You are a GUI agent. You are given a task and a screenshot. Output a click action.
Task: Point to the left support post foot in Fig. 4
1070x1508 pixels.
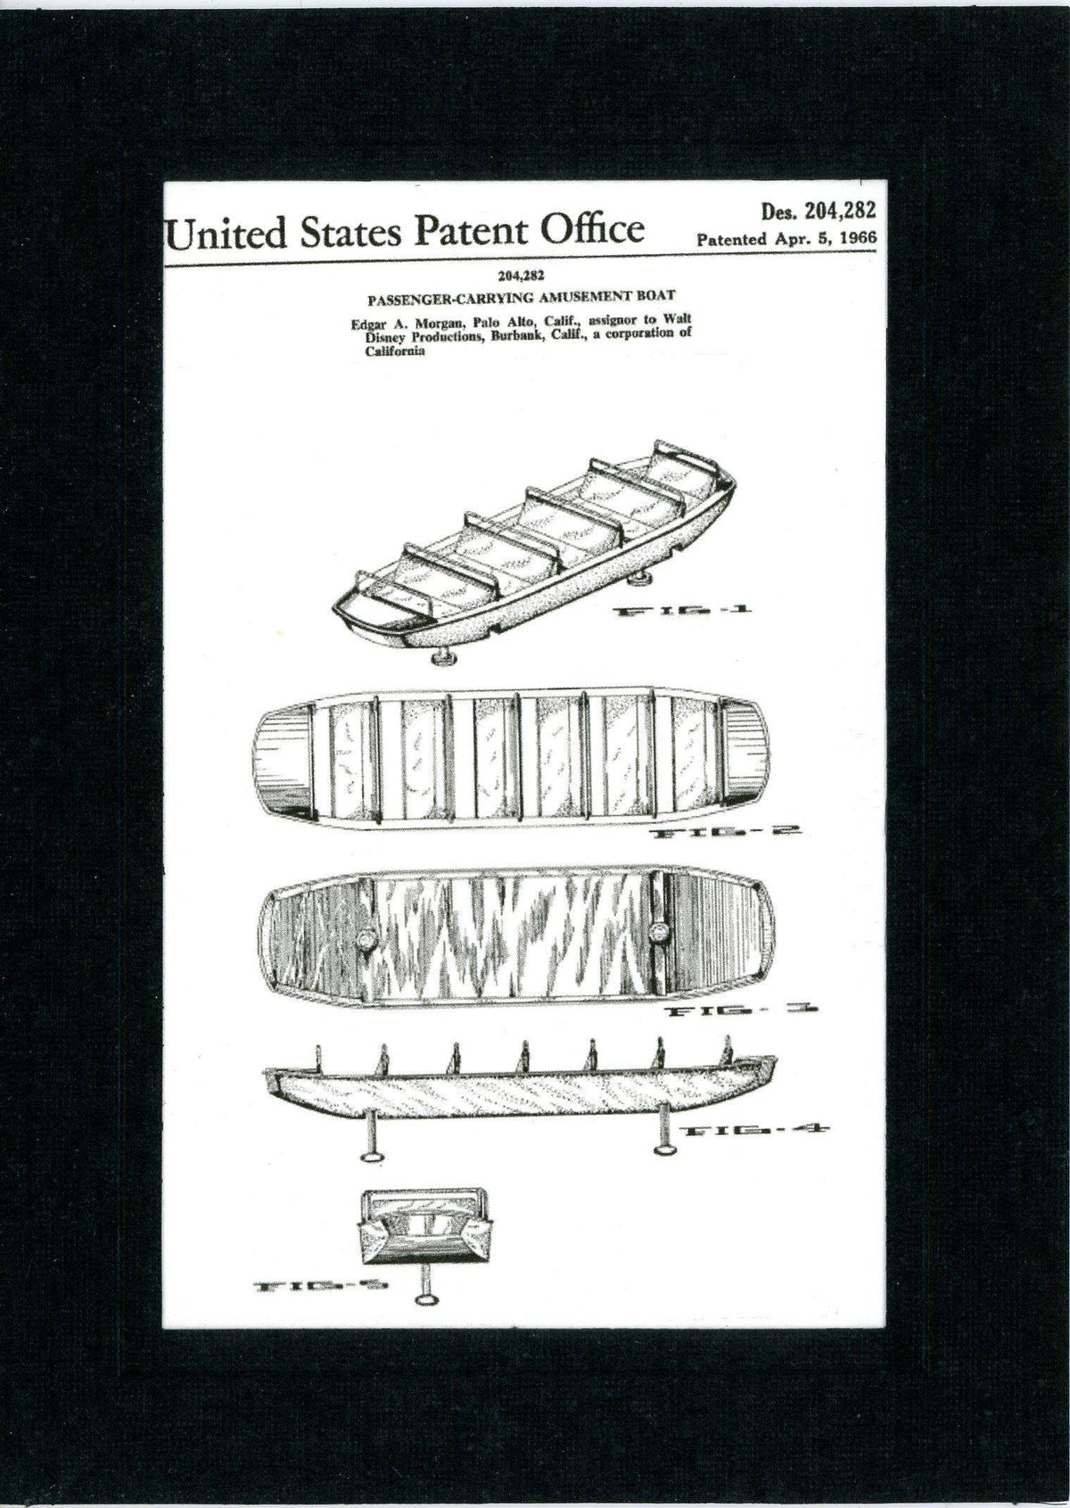(373, 1156)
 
